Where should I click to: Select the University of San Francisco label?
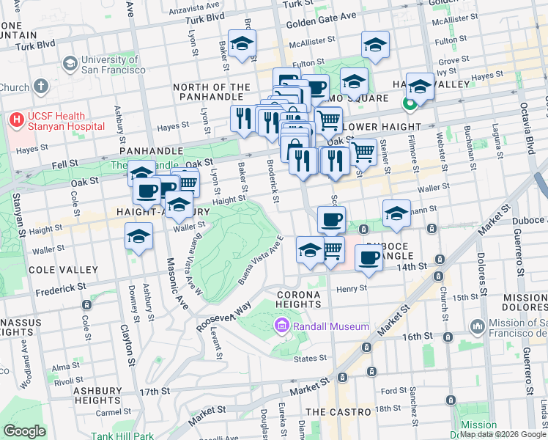pos(114,65)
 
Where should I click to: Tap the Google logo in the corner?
pos(24,431)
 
